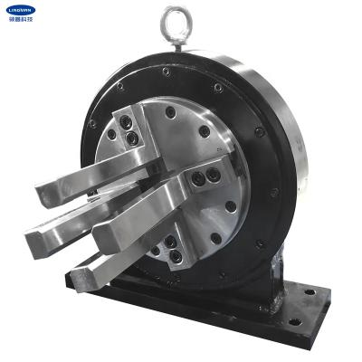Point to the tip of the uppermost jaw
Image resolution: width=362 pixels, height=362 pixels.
pos(48,194)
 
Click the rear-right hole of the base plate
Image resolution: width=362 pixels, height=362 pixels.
pos(312,292)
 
